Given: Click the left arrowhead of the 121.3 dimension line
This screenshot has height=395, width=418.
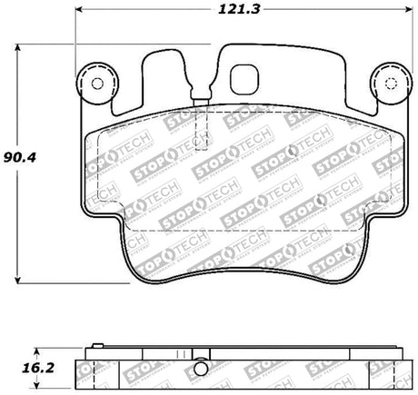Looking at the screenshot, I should pos(79,21).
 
